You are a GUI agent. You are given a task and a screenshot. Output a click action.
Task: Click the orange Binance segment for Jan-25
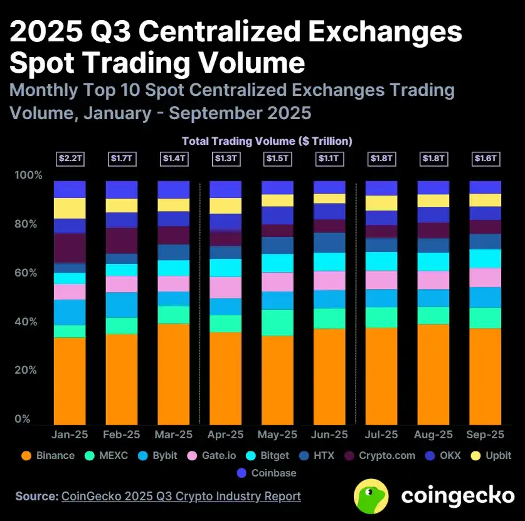coord(70,381)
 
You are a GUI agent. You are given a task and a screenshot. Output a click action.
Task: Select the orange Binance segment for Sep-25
coord(485,376)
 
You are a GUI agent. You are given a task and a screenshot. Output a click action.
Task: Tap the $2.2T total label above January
coord(70,159)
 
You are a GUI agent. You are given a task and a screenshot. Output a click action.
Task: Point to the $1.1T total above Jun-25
coord(329,159)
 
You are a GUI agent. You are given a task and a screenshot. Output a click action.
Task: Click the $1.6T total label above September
coord(485,159)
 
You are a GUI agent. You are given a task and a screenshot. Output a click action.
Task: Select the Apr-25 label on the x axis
coord(225,434)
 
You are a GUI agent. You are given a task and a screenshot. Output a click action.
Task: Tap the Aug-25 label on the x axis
coord(433,434)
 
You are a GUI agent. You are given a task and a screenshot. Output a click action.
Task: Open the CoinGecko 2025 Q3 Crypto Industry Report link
coord(181,496)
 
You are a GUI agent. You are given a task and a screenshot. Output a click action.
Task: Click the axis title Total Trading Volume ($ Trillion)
coord(267,141)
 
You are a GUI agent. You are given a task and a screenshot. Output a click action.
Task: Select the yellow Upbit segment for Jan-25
coord(70,208)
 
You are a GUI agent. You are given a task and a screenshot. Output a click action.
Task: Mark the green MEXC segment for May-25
coord(277,322)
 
